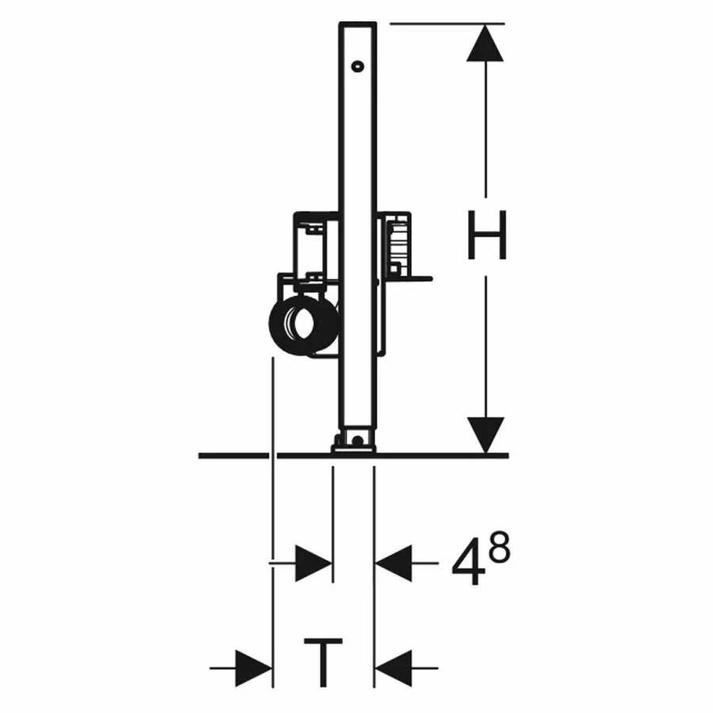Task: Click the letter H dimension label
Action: coord(486,235)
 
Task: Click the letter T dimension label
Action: coord(323,662)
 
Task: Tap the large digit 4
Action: coord(467,562)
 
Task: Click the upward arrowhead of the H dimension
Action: coord(485,44)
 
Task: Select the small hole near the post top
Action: coord(358,67)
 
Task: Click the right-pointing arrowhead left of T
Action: coord(254,668)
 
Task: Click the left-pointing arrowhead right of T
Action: coord(393,668)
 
